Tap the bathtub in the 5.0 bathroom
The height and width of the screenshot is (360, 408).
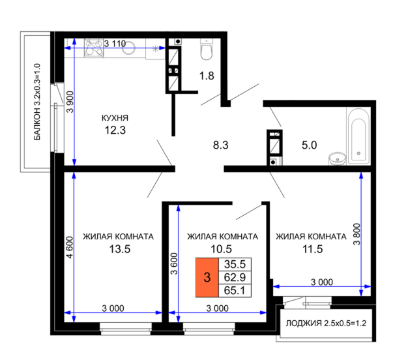pyautogui.click(x=358, y=136)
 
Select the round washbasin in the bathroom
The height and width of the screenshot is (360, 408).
pyautogui.click(x=338, y=158)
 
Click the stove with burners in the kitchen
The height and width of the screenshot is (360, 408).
pyautogui.click(x=94, y=48)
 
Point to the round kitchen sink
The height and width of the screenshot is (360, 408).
pyautogui.click(x=128, y=48)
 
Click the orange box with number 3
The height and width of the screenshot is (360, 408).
pyautogui.click(x=207, y=277)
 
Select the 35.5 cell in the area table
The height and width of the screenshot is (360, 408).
pyautogui.click(x=235, y=264)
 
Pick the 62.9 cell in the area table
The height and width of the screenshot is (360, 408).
pyautogui.click(x=235, y=277)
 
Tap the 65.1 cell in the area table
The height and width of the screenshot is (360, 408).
pyautogui.click(x=235, y=290)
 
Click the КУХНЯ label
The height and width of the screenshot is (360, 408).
pyautogui.click(x=115, y=118)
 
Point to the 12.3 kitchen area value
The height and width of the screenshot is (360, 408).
pyautogui.click(x=115, y=130)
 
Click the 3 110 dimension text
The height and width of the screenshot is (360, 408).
pyautogui.click(x=115, y=44)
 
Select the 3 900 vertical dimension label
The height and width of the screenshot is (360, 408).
pyautogui.click(x=70, y=102)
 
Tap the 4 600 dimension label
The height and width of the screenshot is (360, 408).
pyautogui.click(x=70, y=247)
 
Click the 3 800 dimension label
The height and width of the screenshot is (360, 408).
pyautogui.click(x=357, y=234)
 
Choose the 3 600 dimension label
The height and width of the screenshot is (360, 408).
pyautogui.click(x=174, y=263)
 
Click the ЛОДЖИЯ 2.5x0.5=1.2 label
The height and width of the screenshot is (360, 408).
pyautogui.click(x=326, y=323)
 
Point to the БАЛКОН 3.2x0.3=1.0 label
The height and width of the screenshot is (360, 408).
pyautogui.click(x=37, y=102)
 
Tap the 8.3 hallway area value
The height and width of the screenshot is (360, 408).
pyautogui.click(x=221, y=145)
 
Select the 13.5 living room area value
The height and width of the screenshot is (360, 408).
pyautogui.click(x=120, y=249)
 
